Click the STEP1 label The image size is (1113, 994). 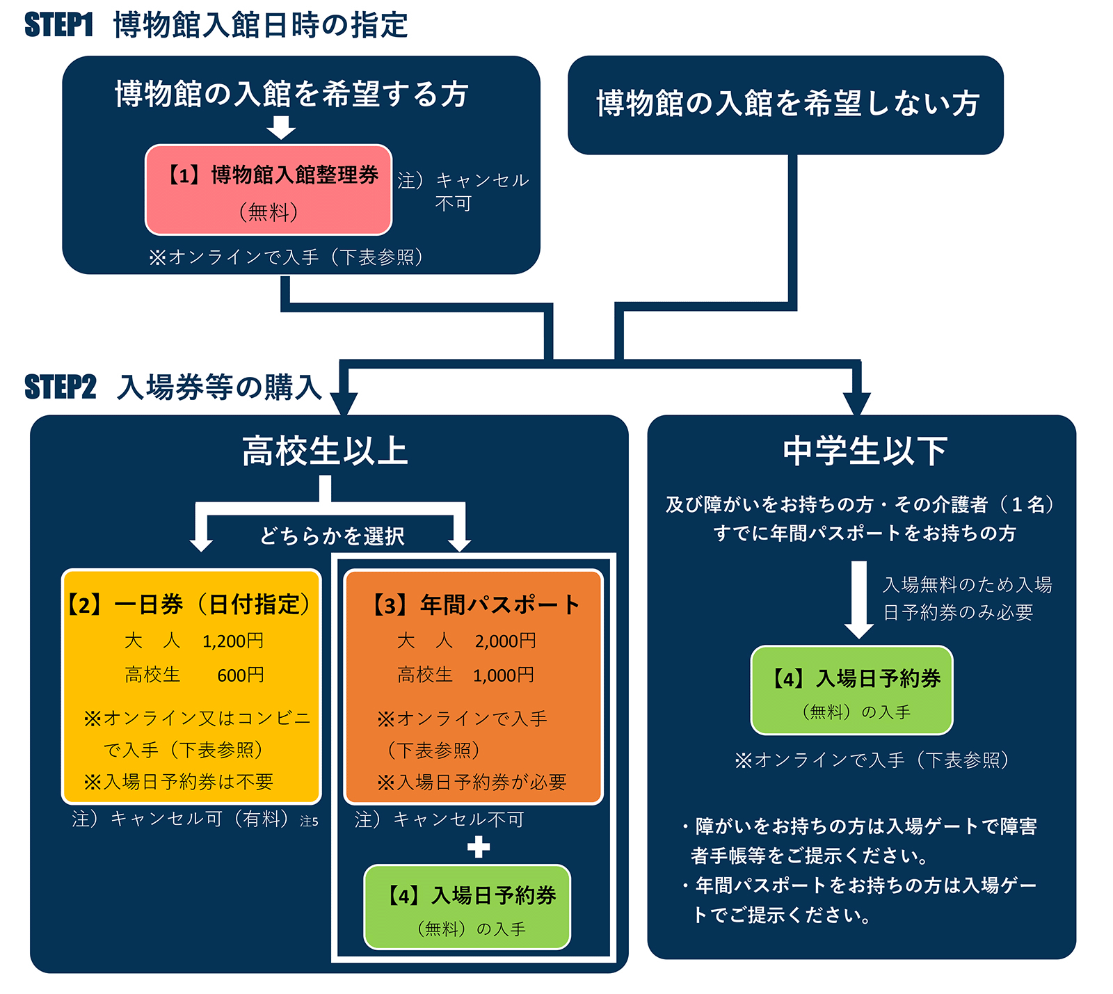(58, 25)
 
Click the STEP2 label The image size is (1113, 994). (60, 387)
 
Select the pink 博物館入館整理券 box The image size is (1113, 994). (269, 190)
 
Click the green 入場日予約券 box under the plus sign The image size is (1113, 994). (467, 907)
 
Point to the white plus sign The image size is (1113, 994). (478, 847)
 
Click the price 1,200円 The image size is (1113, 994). (232, 641)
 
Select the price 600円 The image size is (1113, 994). (240, 675)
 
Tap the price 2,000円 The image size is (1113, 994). (505, 641)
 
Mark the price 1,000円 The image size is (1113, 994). (504, 675)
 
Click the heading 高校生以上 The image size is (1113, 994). (325, 451)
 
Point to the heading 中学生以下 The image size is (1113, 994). (865, 451)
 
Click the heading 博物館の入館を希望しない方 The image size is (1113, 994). (787, 104)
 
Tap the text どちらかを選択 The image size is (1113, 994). (332, 536)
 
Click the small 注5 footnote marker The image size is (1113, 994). (309, 821)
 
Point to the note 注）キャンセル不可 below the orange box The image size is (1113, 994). (439, 819)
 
